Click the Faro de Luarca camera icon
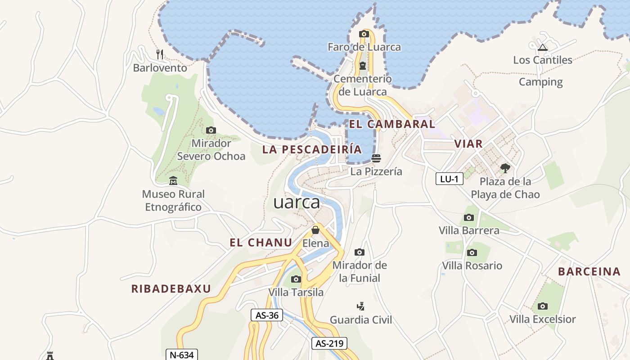click(364, 34)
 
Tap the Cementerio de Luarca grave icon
click(362, 66)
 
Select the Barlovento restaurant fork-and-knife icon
click(160, 54)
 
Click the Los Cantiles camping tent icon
click(543, 47)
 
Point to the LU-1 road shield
click(450, 179)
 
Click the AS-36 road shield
click(267, 315)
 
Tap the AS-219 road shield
click(329, 343)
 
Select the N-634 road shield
click(182, 355)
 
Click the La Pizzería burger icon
click(376, 158)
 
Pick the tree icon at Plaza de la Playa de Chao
click(505, 168)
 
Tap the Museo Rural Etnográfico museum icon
click(173, 181)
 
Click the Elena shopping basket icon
click(315, 230)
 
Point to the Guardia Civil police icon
click(360, 306)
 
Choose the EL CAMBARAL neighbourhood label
click(392, 124)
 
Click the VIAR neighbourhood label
click(468, 144)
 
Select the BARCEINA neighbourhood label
click(589, 271)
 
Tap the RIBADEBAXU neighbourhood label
click(171, 289)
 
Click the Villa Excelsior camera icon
click(543, 306)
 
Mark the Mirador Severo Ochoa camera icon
click(211, 130)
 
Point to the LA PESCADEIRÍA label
click(312, 149)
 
